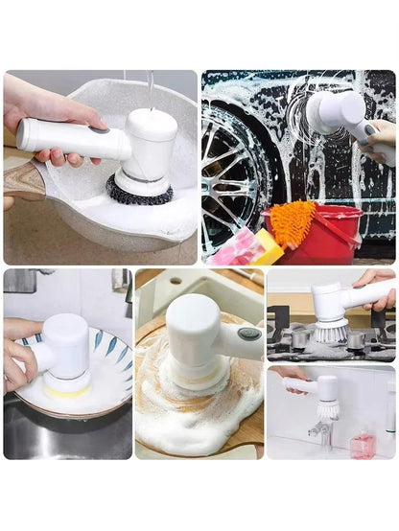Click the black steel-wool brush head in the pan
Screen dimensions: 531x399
click(139, 190)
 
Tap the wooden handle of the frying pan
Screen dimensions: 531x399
click(21, 182)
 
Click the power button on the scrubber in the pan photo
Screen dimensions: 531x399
click(98, 127)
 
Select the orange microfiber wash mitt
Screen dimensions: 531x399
click(292, 222)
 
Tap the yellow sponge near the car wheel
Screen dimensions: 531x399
click(267, 248)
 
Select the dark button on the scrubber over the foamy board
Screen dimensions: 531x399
click(249, 334)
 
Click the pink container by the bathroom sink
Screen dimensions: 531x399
click(362, 445)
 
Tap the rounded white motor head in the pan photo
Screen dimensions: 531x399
click(152, 134)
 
